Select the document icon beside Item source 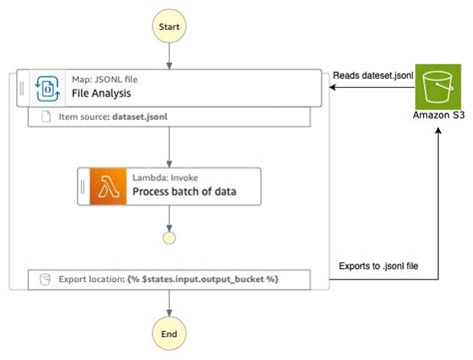46,118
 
